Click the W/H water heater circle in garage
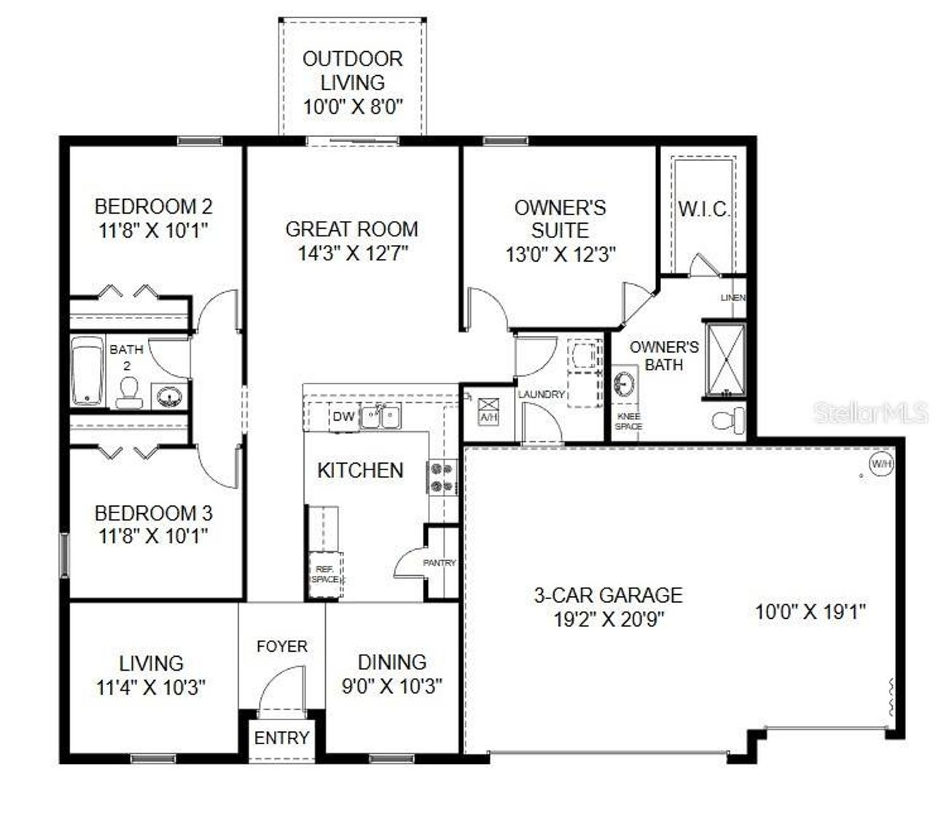881,464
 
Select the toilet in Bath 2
128,393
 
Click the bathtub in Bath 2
87,371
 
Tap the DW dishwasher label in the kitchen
343,417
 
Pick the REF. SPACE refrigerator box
325,574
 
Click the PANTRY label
440,563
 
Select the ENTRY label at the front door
281,738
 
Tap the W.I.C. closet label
703,210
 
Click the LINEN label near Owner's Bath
733,298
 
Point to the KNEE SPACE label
628,421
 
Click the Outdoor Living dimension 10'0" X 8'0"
353,106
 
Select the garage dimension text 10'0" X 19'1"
810,612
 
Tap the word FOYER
282,647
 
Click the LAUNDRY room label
542,394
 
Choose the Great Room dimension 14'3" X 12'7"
353,254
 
